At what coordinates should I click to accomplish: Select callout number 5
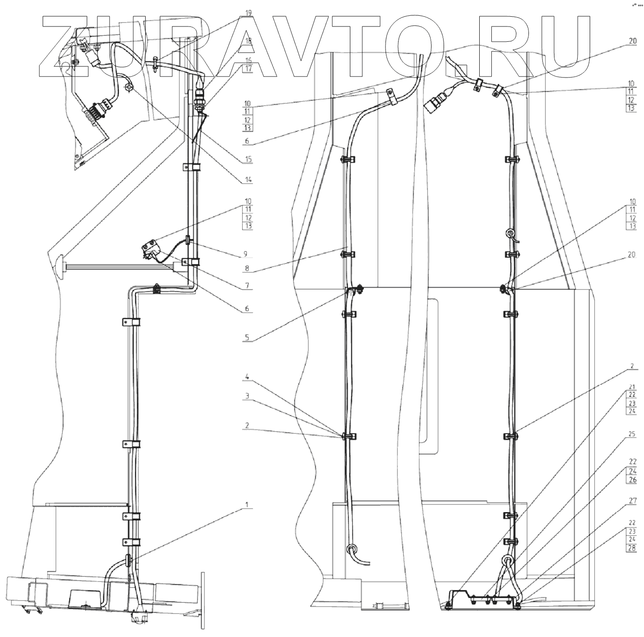coord(247,338)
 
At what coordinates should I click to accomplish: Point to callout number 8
coord(247,268)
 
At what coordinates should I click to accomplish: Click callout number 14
coord(248,179)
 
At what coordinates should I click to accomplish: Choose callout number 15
coord(248,159)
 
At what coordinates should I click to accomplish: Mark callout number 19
coord(248,13)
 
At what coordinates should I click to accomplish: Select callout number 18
coord(248,41)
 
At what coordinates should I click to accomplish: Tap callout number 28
coord(632,548)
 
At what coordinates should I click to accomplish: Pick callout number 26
coord(632,480)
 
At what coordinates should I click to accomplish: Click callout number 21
coord(632,387)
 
